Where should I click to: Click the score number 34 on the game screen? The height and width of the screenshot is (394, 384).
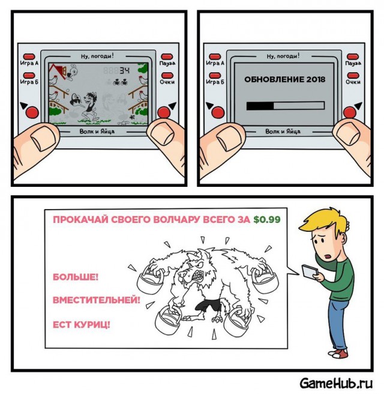tap(124, 71)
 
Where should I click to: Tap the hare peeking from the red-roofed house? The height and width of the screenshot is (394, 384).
tap(72, 72)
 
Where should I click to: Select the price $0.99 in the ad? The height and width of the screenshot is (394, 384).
tap(267, 219)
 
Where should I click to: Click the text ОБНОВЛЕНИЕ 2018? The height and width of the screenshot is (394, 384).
tap(284, 79)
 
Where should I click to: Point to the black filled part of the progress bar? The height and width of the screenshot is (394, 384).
tap(260, 106)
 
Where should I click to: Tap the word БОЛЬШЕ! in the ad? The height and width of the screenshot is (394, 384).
tap(76, 277)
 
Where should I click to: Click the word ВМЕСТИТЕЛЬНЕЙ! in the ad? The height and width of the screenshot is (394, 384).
tap(97, 300)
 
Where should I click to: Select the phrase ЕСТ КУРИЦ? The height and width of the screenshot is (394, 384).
tap(82, 325)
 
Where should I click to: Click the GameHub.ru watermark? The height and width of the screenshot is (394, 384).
tap(336, 383)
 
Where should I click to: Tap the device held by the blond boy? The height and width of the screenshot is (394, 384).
tap(310, 271)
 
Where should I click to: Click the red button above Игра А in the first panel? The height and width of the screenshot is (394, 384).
tap(29, 56)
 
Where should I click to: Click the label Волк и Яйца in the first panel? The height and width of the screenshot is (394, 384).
tap(97, 131)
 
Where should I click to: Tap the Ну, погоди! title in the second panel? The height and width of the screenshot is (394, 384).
tap(283, 56)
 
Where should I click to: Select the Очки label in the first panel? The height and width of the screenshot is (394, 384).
tap(167, 82)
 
